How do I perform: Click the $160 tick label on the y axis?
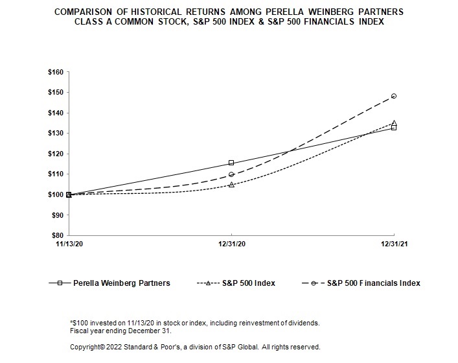tap(55, 72)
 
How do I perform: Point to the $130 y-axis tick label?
tap(55, 133)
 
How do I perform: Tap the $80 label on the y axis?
tap(57, 235)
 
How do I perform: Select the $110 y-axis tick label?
tap(55, 174)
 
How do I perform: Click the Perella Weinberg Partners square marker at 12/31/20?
tap(231, 163)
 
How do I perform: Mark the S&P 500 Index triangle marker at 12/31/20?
tap(231, 185)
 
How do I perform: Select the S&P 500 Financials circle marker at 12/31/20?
tap(231, 174)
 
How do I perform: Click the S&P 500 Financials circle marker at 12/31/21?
tap(393, 96)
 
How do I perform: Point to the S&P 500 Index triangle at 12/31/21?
tap(393, 123)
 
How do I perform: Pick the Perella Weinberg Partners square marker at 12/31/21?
tap(393, 128)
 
